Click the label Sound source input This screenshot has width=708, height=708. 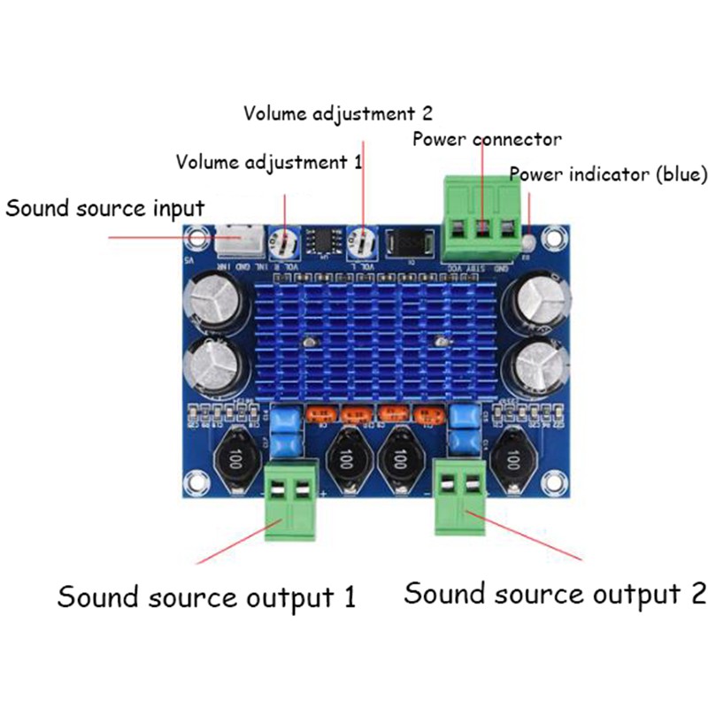(x=105, y=209)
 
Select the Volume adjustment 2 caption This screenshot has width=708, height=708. (x=338, y=113)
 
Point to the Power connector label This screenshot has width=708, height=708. (x=486, y=140)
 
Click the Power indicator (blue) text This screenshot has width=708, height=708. (x=608, y=174)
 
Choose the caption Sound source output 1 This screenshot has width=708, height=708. (x=206, y=596)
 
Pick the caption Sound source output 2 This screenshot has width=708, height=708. (x=555, y=593)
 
